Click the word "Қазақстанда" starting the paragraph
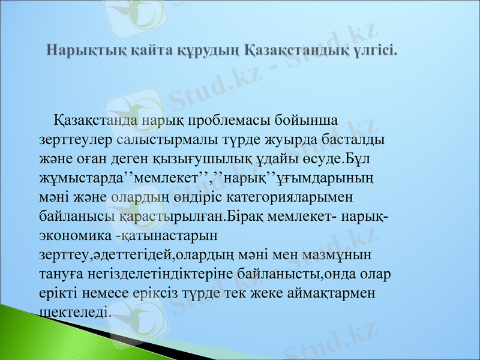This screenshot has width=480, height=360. click(x=96, y=119)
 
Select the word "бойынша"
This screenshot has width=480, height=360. click(x=310, y=119)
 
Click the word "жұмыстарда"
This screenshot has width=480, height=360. click(x=80, y=177)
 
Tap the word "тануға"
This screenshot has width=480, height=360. click(x=60, y=273)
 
